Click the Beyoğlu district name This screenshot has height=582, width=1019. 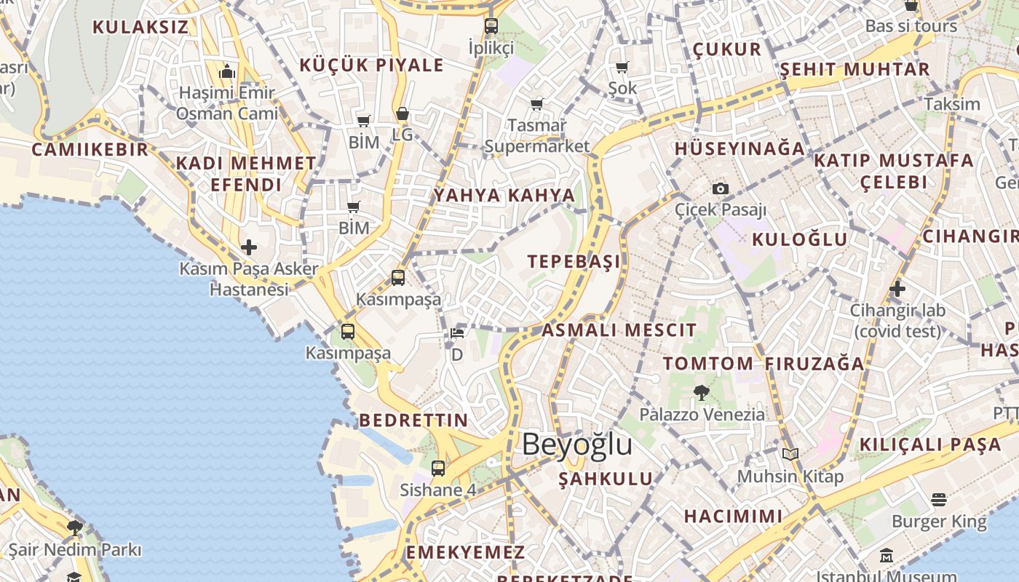tap(576, 444)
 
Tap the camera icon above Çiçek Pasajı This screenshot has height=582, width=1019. tap(721, 188)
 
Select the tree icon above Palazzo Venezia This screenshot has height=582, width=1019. tap(702, 393)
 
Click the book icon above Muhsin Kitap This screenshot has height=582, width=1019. tap(790, 455)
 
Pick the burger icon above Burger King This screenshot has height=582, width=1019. tap(939, 500)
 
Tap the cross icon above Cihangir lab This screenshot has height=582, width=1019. tap(897, 289)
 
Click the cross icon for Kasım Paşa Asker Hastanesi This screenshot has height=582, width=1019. tap(249, 247)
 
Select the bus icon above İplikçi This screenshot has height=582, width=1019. tap(491, 26)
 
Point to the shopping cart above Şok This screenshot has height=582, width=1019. tap(622, 68)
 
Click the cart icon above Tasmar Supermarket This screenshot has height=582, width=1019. tap(537, 105)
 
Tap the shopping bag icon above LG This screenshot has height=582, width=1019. tap(403, 114)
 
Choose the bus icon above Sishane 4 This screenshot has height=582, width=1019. tap(438, 469)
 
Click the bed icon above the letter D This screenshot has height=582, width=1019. tap(457, 333)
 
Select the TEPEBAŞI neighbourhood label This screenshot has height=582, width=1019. tap(574, 262)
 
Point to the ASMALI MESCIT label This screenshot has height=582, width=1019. tap(619, 330)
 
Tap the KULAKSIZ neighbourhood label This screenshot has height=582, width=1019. tap(140, 28)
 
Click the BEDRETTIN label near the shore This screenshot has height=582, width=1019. tap(413, 420)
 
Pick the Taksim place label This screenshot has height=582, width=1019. tap(952, 103)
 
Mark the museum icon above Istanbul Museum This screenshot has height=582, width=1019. tap(887, 556)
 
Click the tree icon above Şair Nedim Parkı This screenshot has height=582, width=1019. tap(74, 528)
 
